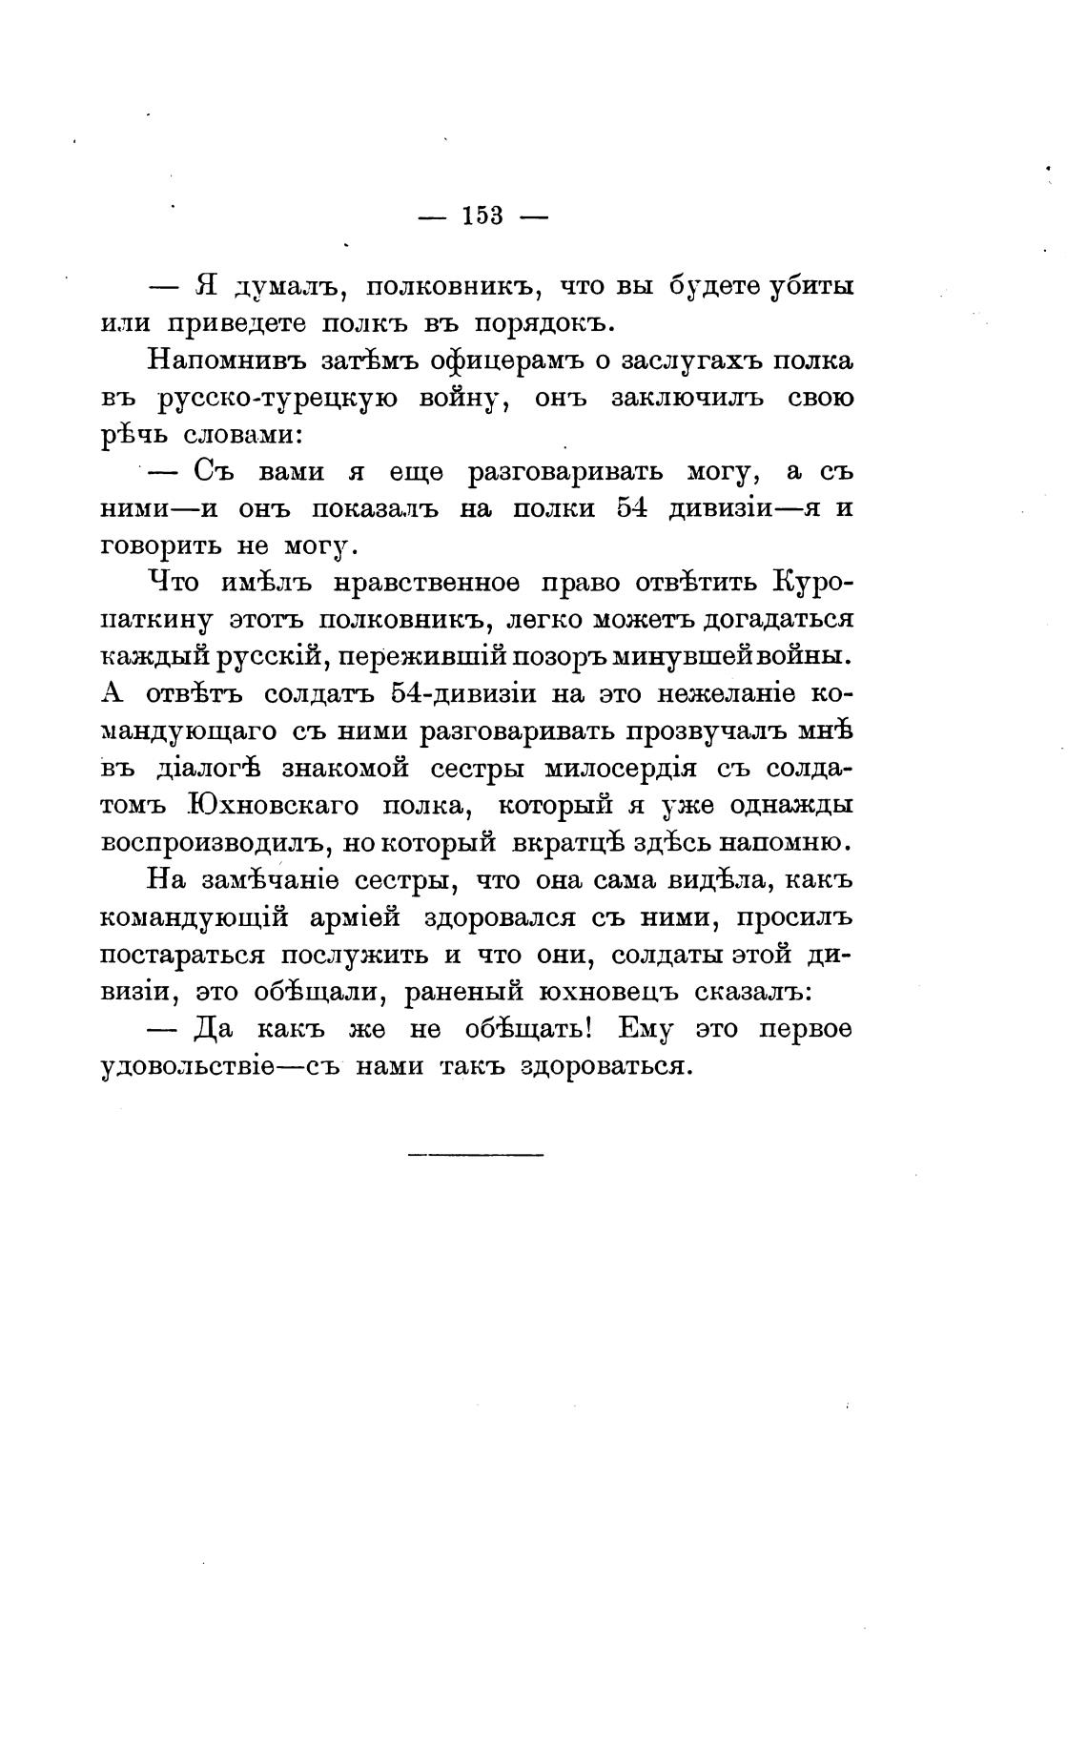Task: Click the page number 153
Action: pos(482,216)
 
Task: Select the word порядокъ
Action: pos(525,323)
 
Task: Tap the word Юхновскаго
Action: pos(274,806)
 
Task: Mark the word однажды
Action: pos(790,806)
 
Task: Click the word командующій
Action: pos(195,917)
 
